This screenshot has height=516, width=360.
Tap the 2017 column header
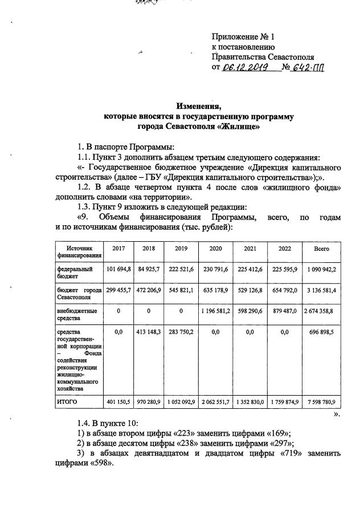pyautogui.click(x=118, y=249)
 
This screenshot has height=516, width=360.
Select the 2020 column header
pyautogui.click(x=216, y=249)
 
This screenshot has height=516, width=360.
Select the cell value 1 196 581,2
pyautogui.click(x=216, y=311)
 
